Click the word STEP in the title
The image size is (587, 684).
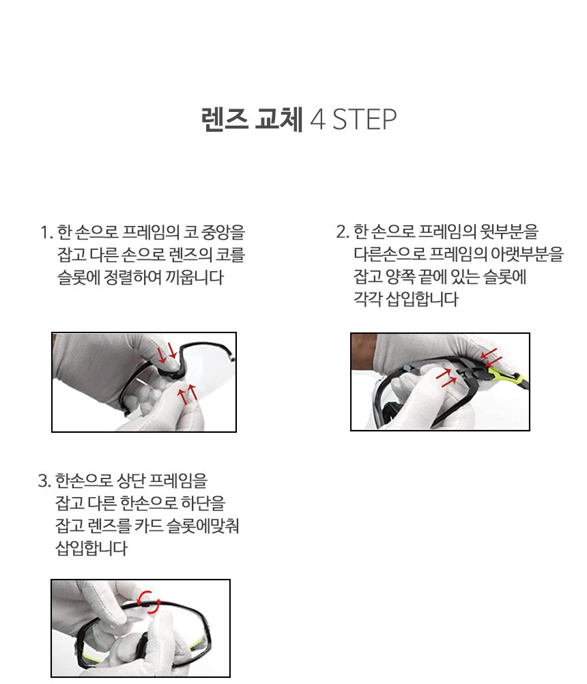364,119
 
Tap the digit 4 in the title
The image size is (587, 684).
317,119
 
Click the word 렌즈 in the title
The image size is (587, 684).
225,119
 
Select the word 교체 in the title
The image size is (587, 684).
278,119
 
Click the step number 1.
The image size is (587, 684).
46,232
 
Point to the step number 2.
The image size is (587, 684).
343,231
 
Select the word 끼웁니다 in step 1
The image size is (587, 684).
194,277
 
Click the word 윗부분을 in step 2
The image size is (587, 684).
509,231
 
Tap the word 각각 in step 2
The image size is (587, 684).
368,299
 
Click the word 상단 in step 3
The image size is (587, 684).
131,481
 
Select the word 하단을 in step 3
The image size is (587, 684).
203,503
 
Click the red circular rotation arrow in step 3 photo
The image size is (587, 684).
149,602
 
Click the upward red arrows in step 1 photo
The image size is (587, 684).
187,395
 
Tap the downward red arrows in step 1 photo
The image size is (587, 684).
168,352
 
